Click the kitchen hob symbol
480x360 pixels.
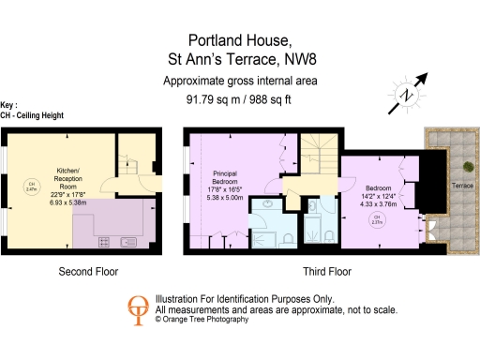tap(103, 242)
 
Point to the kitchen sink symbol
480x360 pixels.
tap(127, 242)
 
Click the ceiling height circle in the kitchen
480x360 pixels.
tap(29, 186)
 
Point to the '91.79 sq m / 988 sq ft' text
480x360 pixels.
tap(239, 99)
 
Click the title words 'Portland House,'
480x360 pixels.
tap(240, 40)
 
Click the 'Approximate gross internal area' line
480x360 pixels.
tap(240, 82)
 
